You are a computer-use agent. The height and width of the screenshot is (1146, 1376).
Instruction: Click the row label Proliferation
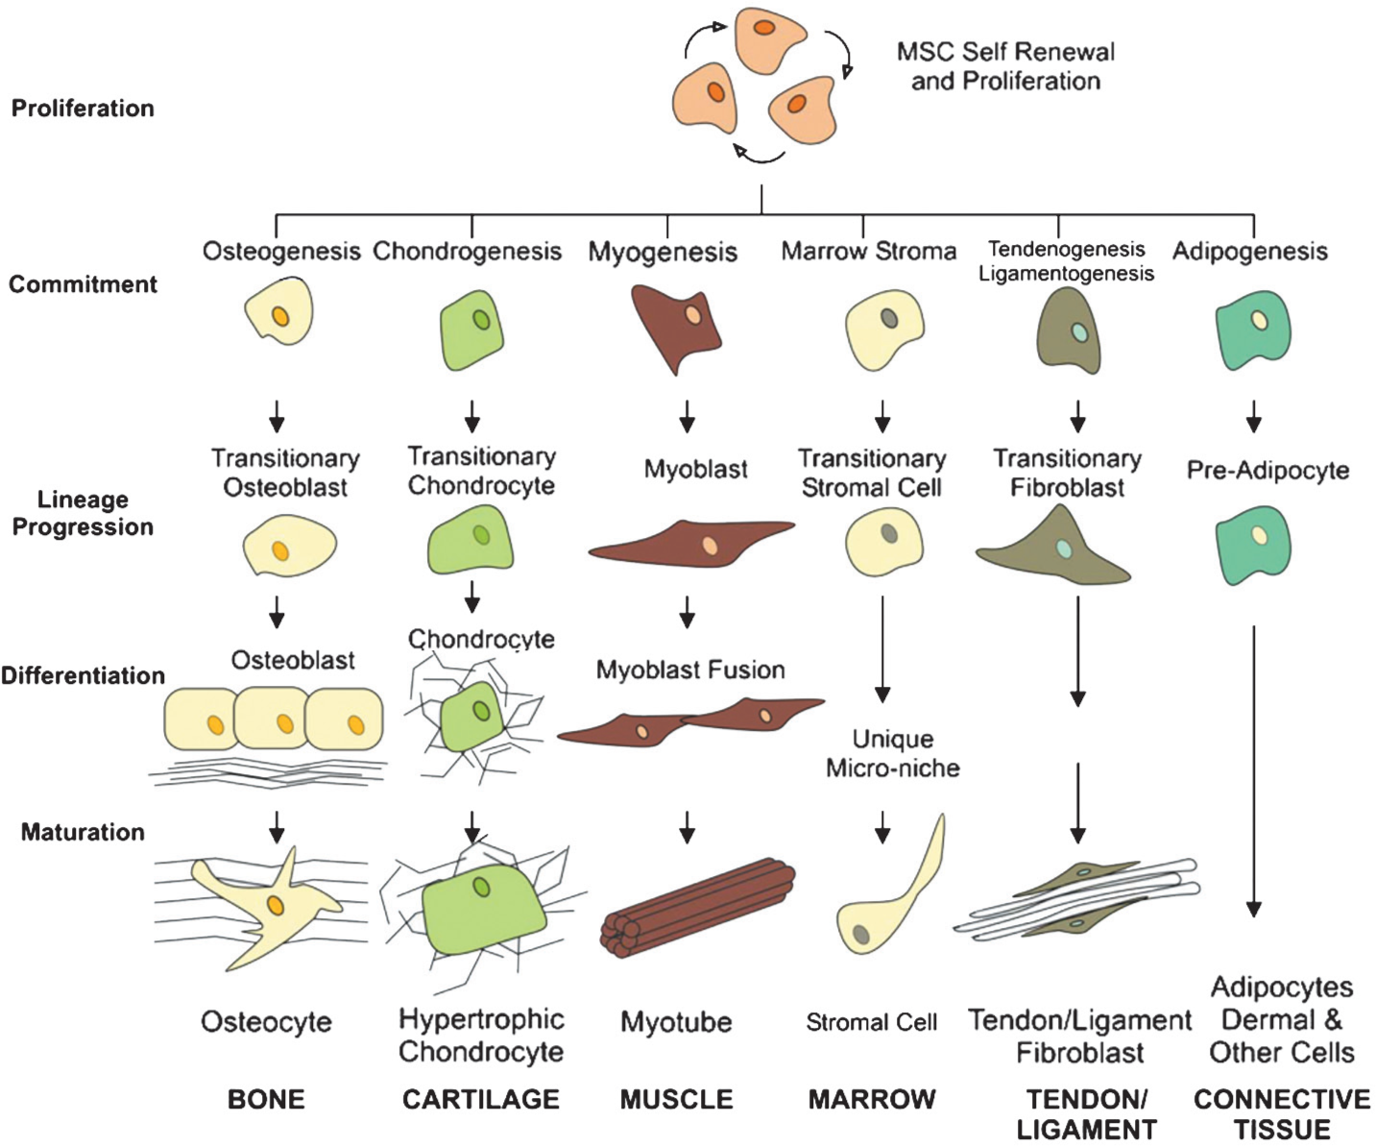[83, 109]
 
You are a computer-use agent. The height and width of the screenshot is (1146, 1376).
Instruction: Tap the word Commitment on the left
[83, 284]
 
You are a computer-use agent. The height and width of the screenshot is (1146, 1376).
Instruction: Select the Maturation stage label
[83, 832]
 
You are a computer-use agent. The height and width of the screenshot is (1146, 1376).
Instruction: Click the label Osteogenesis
[281, 252]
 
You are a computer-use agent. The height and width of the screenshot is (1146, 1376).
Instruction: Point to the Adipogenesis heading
[1250, 252]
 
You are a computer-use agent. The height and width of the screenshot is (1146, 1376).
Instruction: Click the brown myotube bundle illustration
[698, 908]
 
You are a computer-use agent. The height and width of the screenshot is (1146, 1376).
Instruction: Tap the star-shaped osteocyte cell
[266, 910]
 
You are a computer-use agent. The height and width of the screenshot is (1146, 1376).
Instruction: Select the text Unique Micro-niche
[893, 754]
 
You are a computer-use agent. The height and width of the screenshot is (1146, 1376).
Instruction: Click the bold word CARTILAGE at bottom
[481, 1099]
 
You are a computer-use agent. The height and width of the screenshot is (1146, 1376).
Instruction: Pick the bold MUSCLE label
[677, 1099]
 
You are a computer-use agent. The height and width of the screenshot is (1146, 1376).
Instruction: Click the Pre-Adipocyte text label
[1267, 470]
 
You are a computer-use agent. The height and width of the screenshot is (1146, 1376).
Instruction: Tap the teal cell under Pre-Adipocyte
[1253, 545]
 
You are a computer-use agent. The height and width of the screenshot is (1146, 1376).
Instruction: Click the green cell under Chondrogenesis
[471, 329]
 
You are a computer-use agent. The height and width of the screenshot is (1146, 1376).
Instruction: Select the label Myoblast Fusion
[690, 670]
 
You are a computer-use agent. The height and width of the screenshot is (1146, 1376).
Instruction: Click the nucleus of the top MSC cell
[763, 28]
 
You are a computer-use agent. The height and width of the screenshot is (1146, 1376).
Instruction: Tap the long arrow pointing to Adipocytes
[1253, 771]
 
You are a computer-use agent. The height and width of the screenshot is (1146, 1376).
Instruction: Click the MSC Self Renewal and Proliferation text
[1005, 66]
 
